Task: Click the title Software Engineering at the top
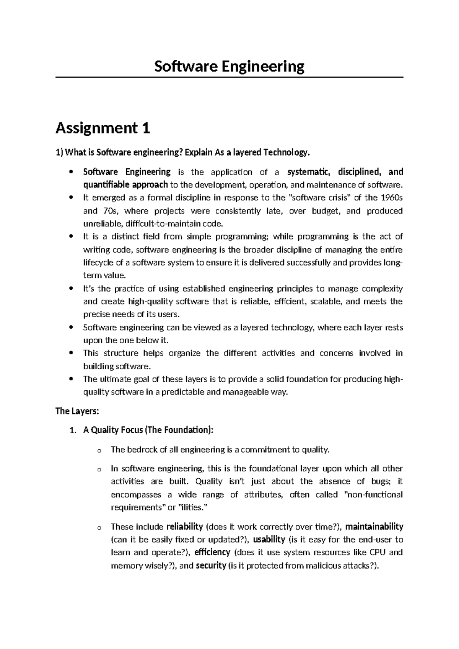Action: (x=229, y=67)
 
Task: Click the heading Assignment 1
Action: (x=103, y=128)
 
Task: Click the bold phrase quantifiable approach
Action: (x=125, y=185)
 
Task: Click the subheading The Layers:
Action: (x=77, y=411)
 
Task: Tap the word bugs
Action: (x=381, y=481)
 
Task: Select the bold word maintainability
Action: (x=374, y=527)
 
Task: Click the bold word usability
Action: (x=269, y=540)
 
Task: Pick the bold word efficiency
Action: (x=212, y=553)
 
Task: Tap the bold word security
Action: (x=211, y=566)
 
